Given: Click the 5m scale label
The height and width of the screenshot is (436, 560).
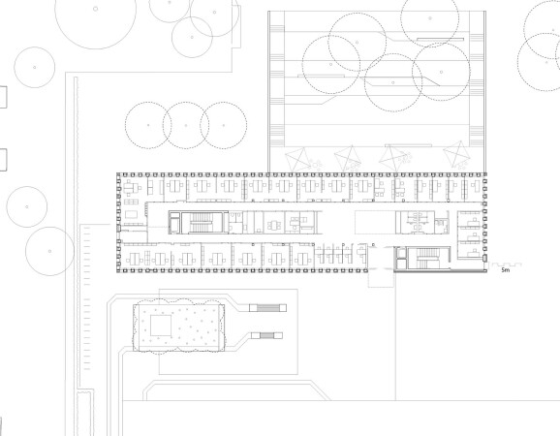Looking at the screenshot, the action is (506, 270).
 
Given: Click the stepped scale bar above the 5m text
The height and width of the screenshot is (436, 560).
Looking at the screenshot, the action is (507, 265).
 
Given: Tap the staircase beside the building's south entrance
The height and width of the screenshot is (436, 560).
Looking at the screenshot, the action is (427, 258).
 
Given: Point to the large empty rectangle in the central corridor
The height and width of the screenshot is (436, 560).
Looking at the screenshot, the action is (375, 222).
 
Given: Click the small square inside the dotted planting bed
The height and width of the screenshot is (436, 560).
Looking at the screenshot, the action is (161, 326).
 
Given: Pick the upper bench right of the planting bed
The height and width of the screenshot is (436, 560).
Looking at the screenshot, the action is (267, 307).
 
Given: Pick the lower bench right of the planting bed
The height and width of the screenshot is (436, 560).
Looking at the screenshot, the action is (266, 335).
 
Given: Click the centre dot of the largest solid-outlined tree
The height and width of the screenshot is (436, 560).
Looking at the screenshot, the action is (95, 9).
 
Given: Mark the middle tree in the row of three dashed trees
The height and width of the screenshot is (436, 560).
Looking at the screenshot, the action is (186, 125).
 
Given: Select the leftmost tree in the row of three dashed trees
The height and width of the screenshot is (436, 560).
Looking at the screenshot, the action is (148, 125).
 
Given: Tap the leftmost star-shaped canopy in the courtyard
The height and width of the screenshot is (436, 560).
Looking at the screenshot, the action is (298, 159).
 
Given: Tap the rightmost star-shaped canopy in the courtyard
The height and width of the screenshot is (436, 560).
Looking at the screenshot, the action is (456, 154).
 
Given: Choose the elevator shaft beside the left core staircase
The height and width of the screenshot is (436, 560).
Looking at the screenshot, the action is (174, 223).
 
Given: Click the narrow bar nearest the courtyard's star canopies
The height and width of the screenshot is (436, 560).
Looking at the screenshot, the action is (408, 145).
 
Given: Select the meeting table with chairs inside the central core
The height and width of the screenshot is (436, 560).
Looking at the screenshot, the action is (273, 226).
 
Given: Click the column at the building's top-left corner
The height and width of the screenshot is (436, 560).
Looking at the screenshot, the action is (119, 175).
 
